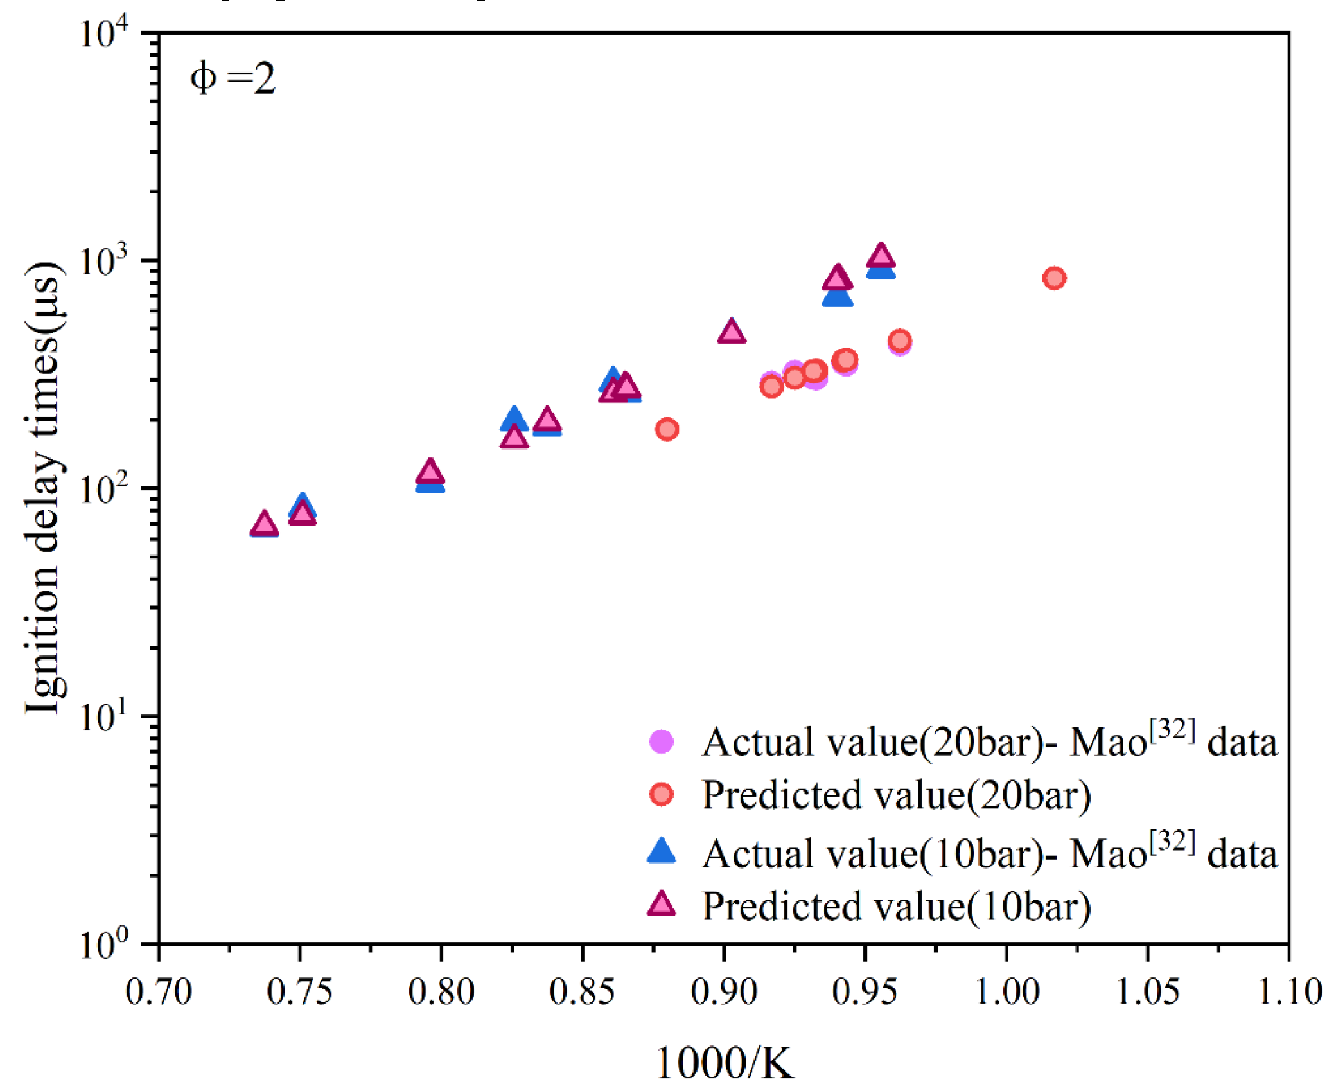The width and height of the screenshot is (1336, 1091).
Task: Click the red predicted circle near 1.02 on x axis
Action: click(1054, 278)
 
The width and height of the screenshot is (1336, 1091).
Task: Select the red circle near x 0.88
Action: click(667, 429)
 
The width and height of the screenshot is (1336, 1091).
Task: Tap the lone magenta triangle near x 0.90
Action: click(732, 332)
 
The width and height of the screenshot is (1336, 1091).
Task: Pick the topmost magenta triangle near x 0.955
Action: click(881, 256)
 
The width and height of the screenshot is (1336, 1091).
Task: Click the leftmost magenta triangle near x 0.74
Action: click(264, 524)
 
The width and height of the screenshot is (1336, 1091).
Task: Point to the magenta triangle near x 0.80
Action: click(430, 472)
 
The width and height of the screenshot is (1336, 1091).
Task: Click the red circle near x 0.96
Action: click(900, 341)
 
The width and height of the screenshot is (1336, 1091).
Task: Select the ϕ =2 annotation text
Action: click(233, 79)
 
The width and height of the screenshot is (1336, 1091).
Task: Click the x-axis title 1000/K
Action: click(724, 1062)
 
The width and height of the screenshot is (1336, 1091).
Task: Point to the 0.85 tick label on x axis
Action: click(582, 991)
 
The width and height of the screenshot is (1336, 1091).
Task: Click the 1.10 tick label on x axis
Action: click(1288, 991)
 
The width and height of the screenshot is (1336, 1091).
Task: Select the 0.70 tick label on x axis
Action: click(159, 991)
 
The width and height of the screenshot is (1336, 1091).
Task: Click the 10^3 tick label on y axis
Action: click(104, 260)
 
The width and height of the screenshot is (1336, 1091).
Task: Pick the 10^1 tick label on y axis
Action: click(104, 716)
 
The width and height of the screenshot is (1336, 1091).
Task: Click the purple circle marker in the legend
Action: click(661, 741)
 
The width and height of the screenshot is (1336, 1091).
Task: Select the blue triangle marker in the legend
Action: click(661, 851)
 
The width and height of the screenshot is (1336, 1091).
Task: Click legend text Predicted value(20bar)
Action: click(896, 795)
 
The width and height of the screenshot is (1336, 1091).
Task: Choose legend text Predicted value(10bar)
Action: click(896, 907)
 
